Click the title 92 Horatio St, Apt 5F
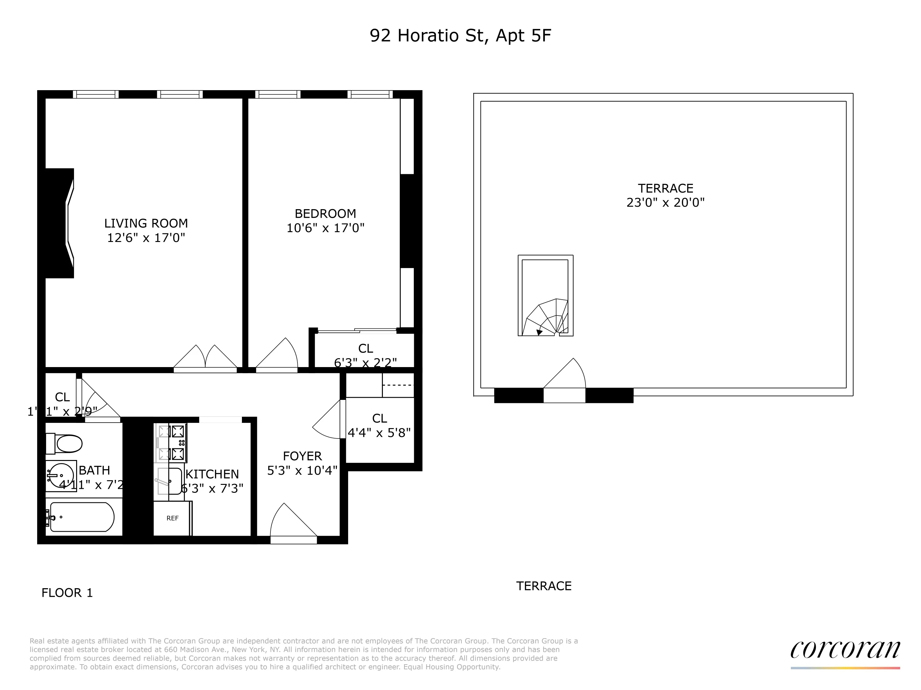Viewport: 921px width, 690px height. tap(460, 36)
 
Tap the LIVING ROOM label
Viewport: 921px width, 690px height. tap(146, 223)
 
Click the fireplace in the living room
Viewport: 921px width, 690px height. tap(60, 223)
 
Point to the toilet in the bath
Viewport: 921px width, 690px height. tap(64, 443)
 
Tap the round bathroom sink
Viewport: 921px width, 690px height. tap(61, 475)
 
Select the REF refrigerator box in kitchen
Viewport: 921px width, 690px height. tap(172, 518)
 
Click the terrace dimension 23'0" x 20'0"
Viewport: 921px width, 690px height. tap(665, 202)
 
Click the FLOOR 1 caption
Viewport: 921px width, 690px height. tap(67, 593)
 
